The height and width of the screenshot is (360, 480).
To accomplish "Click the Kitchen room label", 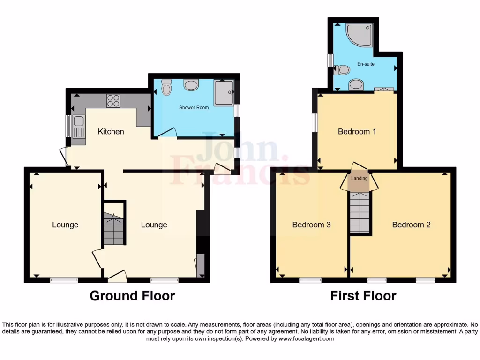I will (111, 132).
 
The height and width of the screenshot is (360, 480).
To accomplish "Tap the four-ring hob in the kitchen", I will (113, 100).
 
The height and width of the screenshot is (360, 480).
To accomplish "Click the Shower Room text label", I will (194, 108).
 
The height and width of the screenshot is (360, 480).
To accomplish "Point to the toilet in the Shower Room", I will (166, 87).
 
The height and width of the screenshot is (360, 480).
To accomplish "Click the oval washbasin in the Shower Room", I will (191, 85).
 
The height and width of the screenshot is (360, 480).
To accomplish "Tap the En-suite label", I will (366, 64).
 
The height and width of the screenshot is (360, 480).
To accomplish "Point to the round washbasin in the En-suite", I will (356, 84).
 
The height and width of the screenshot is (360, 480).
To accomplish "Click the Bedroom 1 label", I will (357, 132).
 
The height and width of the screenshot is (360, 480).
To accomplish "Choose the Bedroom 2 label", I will (411, 225).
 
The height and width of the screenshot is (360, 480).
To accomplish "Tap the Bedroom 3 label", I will (311, 225).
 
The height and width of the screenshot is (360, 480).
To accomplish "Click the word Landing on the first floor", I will (360, 178).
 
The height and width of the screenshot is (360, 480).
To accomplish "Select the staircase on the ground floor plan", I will (113, 228).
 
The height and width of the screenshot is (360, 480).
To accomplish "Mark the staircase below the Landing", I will (360, 213).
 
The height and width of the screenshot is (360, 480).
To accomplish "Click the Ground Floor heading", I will (132, 296).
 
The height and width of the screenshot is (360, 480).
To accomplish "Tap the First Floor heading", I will (363, 296).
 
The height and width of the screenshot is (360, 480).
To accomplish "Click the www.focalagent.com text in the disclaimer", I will (307, 338).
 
